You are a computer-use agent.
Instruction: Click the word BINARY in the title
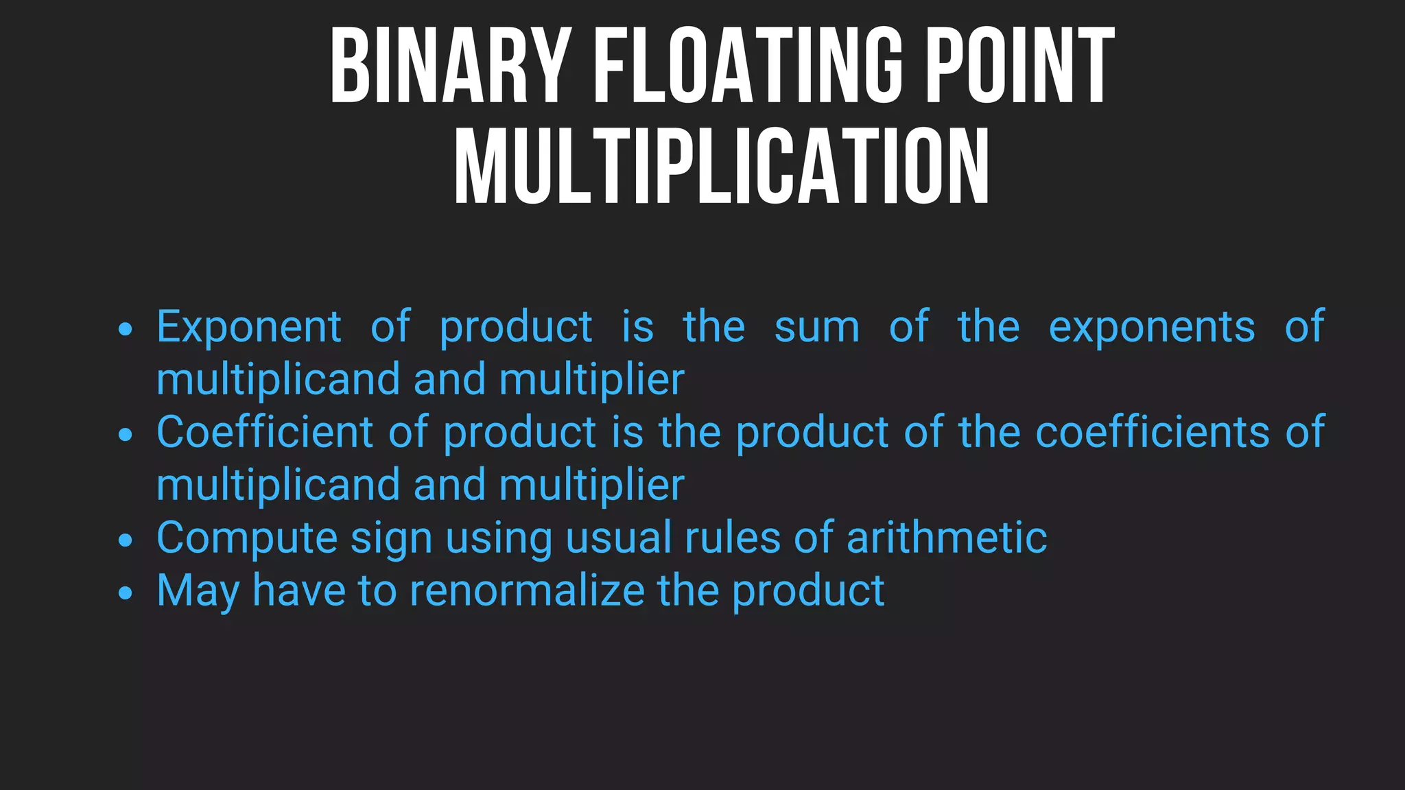450,66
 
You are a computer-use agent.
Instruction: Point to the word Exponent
249,327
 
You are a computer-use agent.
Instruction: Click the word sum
816,327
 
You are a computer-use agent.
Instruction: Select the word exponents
1152,327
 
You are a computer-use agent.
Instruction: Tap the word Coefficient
264,432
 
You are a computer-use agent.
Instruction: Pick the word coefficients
1153,432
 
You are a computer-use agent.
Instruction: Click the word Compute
247,538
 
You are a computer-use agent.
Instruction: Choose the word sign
391,539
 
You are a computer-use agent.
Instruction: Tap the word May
198,592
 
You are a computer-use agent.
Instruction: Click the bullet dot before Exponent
125,330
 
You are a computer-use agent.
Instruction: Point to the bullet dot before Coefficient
125,435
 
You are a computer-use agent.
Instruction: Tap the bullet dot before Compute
125,540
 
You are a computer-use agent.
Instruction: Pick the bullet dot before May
125,592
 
